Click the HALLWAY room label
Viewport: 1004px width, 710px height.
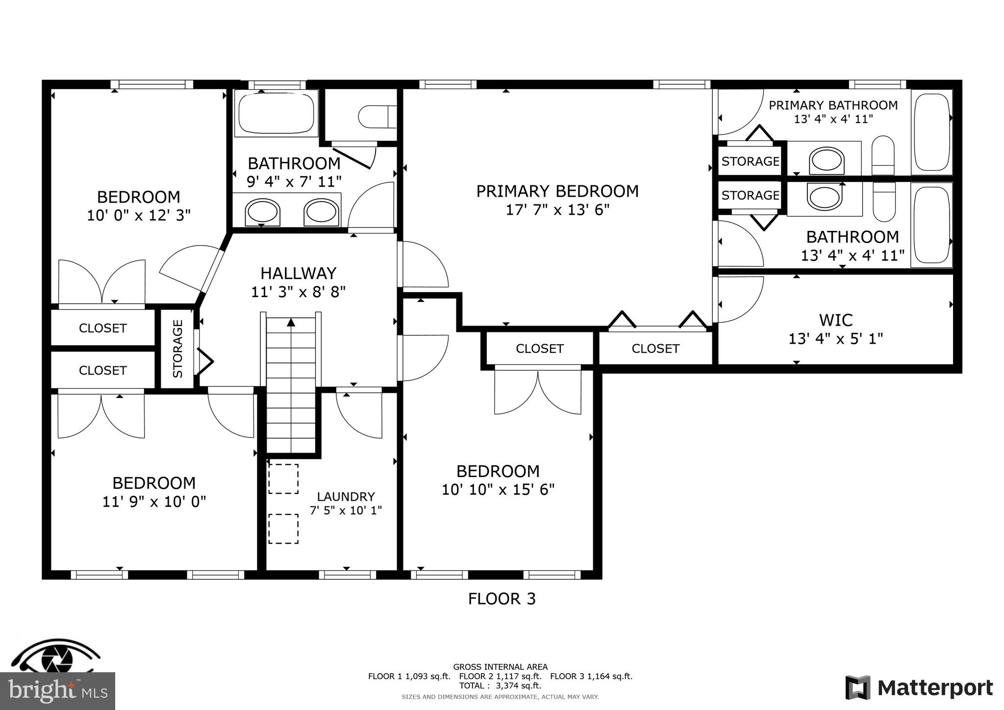pos(298,273)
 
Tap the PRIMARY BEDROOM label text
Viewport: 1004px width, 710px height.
pos(557,191)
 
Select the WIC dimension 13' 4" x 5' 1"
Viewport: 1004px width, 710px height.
pos(835,339)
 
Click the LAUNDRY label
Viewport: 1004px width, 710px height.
pos(346,497)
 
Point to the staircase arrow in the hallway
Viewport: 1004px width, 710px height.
pos(291,322)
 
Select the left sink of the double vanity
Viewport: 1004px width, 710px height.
pos(263,212)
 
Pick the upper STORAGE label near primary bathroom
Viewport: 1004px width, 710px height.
pos(750,161)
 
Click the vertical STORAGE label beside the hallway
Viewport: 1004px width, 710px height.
pos(177,348)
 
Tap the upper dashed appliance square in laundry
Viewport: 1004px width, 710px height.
pos(283,479)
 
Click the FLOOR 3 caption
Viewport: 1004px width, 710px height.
pos(502,599)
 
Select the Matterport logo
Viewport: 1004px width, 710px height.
pos(919,688)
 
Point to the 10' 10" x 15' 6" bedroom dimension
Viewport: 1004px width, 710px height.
pos(498,490)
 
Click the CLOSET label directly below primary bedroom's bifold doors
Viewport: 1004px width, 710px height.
pos(655,349)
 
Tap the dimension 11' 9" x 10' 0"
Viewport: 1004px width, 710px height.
pos(154,502)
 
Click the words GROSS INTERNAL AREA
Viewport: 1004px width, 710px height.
pos(500,667)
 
